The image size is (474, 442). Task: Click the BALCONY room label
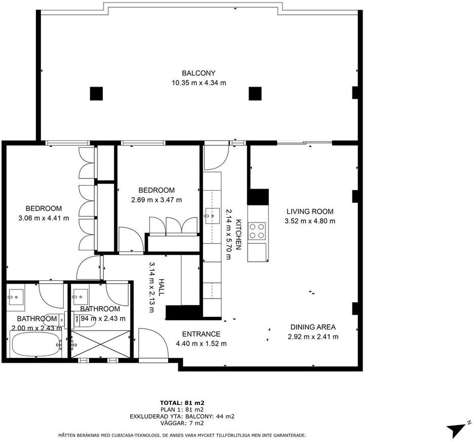199,73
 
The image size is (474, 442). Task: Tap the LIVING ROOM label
310,211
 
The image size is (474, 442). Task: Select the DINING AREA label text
313,327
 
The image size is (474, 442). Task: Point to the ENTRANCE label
201,334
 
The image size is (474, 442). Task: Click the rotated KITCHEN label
239,235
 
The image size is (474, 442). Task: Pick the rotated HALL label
161,287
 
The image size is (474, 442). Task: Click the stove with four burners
257,231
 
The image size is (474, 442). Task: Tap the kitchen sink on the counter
213,216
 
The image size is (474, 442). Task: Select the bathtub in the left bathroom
35,345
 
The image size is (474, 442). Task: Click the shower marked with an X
101,344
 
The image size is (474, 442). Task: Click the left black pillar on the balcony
96,93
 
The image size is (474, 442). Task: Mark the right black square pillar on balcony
255,93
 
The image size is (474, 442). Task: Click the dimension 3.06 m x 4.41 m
44,218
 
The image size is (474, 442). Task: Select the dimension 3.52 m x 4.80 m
310,221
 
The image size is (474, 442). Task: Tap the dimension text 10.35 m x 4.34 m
199,83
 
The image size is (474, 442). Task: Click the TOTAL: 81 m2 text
182,402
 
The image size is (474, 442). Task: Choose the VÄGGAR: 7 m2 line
182,423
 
